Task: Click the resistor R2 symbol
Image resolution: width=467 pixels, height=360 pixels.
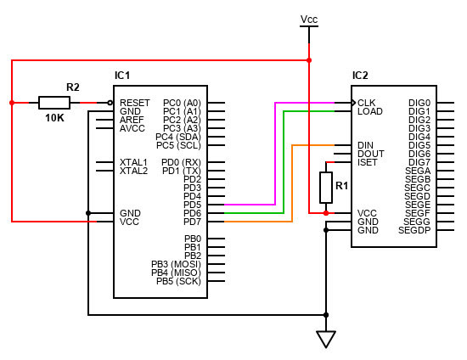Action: (x=54, y=103)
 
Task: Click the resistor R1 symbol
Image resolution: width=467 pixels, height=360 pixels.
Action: (x=325, y=187)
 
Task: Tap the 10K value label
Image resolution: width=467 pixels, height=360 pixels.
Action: (x=54, y=118)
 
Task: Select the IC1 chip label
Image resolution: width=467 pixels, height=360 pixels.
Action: (x=122, y=76)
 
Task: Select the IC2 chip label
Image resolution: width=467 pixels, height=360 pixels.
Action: (x=360, y=76)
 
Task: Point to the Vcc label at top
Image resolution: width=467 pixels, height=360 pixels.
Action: (x=309, y=18)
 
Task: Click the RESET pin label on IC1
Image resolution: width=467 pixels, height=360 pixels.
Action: (x=134, y=103)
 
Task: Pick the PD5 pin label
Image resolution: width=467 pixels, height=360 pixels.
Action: (x=192, y=205)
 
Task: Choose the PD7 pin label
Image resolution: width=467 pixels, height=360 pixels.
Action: (x=192, y=222)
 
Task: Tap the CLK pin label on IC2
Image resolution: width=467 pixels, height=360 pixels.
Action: (x=367, y=103)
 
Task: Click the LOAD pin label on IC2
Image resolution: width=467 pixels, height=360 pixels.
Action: (x=369, y=111)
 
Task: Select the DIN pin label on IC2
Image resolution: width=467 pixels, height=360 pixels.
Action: (x=366, y=145)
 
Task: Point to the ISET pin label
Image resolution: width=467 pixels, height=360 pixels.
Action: (x=368, y=162)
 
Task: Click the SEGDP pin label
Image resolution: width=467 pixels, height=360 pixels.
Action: (x=414, y=230)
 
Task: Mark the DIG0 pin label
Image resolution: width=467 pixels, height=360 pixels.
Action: (x=419, y=103)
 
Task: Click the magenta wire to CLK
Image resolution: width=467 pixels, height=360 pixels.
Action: (x=275, y=153)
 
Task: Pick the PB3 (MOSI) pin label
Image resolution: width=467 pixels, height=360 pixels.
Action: (x=176, y=264)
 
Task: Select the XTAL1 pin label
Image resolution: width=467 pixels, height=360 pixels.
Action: (x=133, y=162)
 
